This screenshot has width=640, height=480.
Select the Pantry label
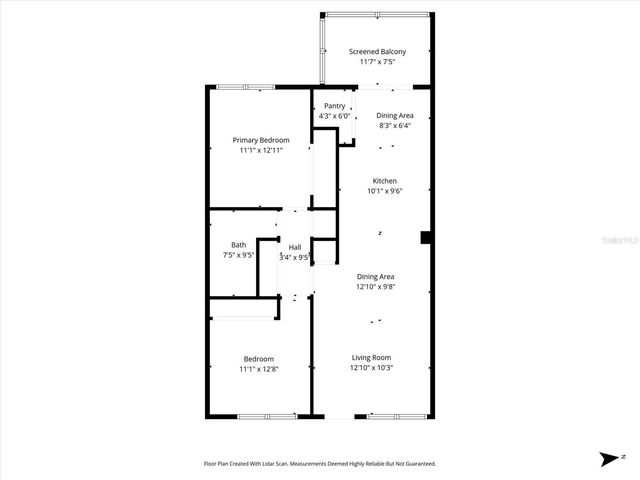(x=334, y=106)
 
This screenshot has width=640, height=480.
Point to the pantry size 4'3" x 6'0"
(x=334, y=116)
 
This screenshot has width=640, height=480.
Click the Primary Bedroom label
(x=261, y=140)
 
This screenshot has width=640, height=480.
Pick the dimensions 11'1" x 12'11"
(x=261, y=150)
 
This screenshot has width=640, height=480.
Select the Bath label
(x=238, y=245)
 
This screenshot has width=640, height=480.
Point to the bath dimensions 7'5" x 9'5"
(x=238, y=255)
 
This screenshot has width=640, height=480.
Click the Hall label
(x=295, y=247)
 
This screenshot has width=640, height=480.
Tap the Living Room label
(x=371, y=357)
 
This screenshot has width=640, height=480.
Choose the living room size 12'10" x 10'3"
(x=371, y=367)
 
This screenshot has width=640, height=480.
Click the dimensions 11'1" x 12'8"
(x=258, y=369)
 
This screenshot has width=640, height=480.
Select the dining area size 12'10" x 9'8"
(x=375, y=287)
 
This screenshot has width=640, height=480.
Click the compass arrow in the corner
(x=607, y=459)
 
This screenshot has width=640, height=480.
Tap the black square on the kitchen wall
(x=425, y=237)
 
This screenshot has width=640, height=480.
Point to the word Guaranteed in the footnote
(x=417, y=464)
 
